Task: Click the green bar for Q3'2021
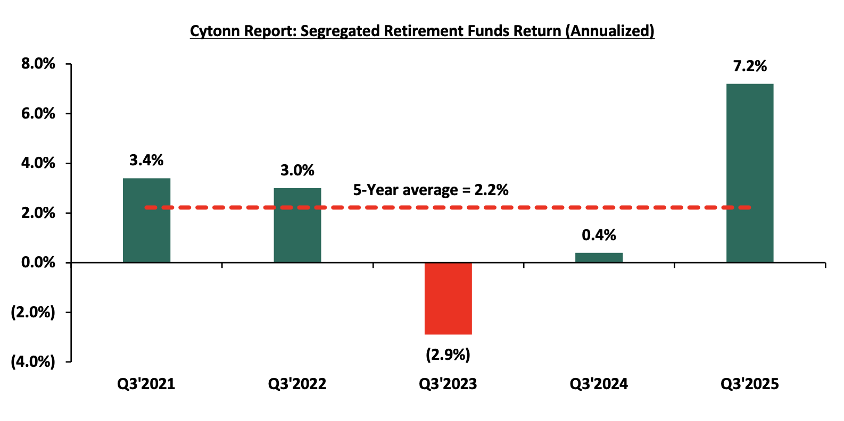click(146, 220)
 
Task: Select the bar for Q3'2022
click(297, 225)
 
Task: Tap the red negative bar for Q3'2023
click(448, 298)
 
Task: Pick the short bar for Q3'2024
click(599, 258)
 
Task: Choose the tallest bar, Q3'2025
click(750, 173)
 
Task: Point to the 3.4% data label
click(146, 161)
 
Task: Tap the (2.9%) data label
click(448, 355)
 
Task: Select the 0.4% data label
click(599, 235)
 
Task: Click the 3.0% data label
click(297, 171)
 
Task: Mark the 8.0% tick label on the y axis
click(38, 64)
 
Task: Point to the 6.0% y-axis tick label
click(38, 114)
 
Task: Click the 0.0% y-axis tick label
click(38, 263)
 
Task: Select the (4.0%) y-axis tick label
click(33, 362)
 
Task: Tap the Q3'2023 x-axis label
click(448, 384)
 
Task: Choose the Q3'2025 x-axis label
click(750, 384)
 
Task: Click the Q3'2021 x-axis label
click(146, 384)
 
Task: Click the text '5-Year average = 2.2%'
click(431, 190)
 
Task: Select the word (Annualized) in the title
click(610, 31)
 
